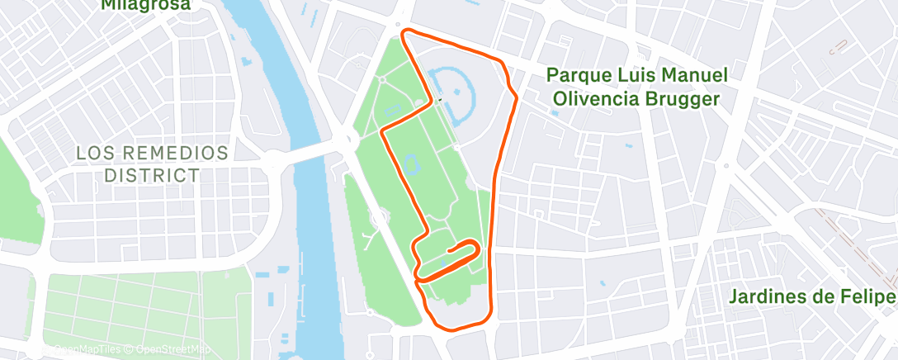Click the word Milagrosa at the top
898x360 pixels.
[x=146, y=5]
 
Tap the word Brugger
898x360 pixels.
[x=684, y=99]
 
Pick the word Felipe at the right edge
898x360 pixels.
[x=870, y=296]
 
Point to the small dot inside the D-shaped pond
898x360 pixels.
[x=452, y=91]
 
